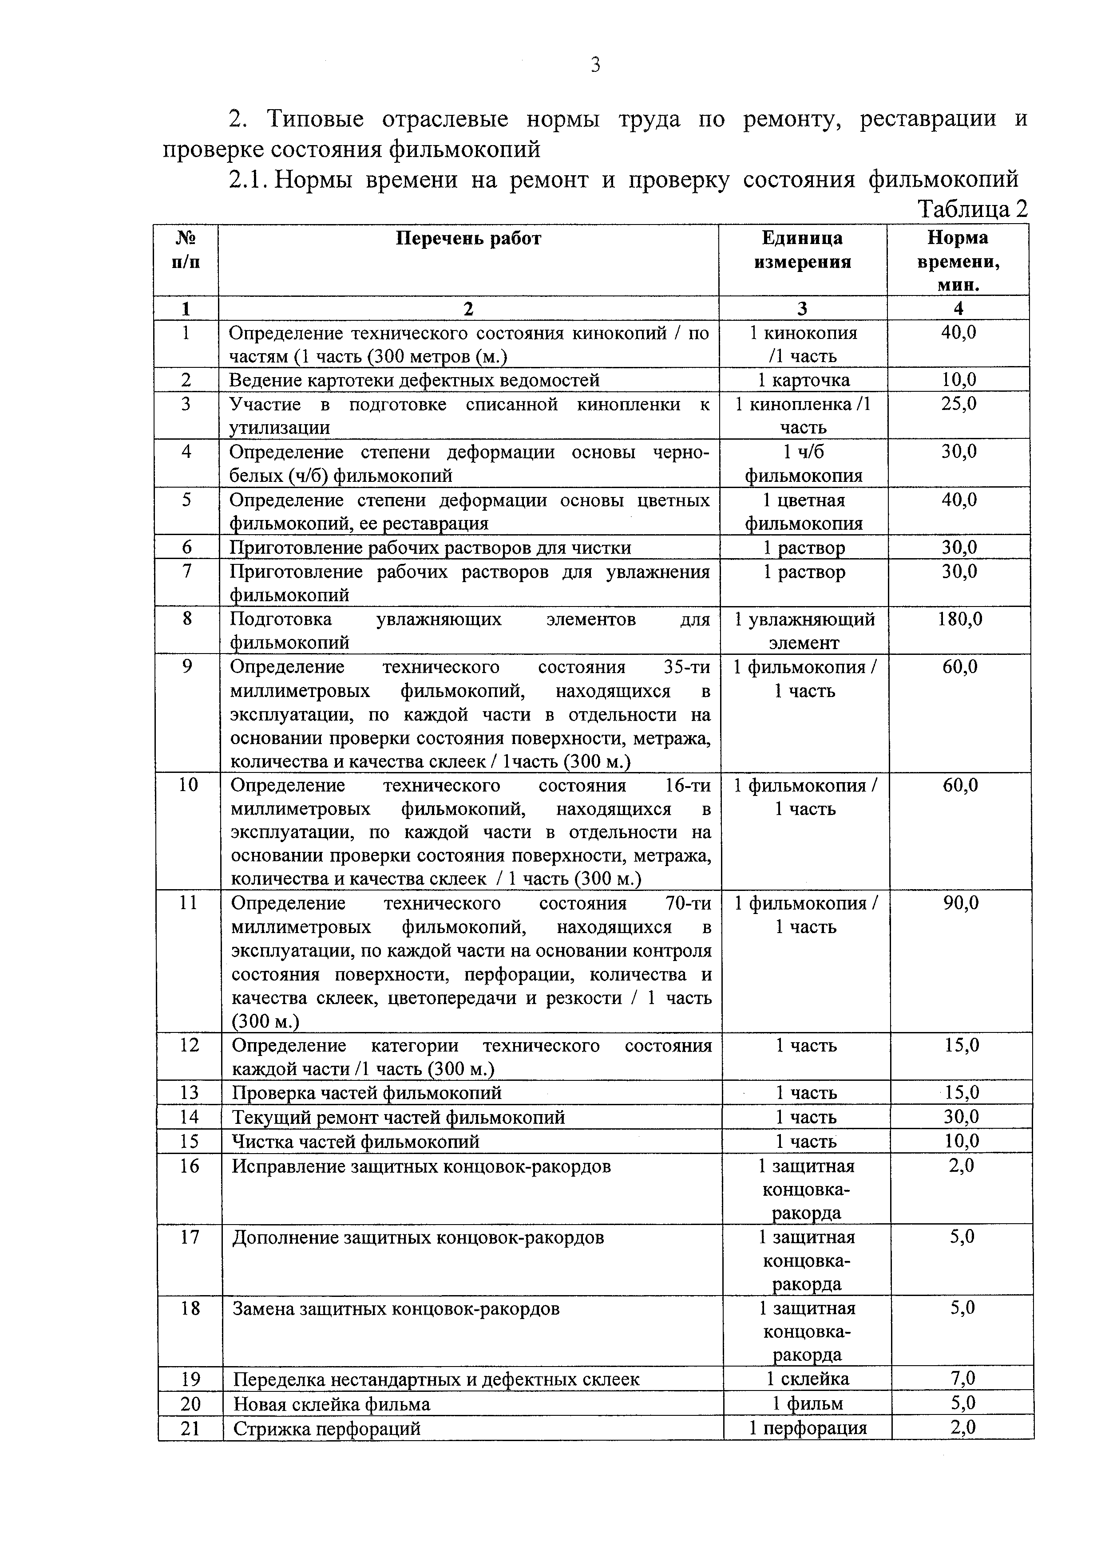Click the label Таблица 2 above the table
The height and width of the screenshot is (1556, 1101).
point(972,209)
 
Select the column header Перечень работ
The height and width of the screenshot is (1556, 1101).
point(468,239)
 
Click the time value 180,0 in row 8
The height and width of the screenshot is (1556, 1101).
point(960,619)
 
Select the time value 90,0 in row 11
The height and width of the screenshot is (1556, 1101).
point(961,903)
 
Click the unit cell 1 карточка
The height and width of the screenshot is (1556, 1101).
point(804,380)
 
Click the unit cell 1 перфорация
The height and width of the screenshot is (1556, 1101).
point(808,1428)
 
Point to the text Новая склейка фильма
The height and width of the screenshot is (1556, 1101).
point(332,1403)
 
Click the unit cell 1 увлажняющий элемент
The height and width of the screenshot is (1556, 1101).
point(804,630)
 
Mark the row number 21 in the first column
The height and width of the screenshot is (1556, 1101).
point(190,1428)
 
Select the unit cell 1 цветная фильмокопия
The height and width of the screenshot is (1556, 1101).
point(804,512)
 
